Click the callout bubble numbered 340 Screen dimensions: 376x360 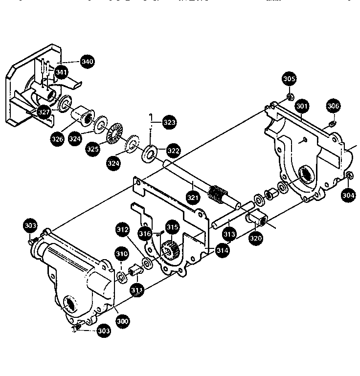pos(88,62)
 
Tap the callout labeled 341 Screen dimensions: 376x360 pos(61,72)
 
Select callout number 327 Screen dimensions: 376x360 pos(45,112)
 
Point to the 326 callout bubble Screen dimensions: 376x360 pos(57,139)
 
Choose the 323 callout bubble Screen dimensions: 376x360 pos(169,122)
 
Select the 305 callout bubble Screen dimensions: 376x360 pos(289,78)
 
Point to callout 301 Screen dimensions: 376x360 pos(302,106)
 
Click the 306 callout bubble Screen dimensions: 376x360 pos(333,106)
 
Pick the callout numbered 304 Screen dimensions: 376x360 pos(348,195)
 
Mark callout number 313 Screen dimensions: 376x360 pos(229,235)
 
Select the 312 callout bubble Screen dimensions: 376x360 pos(122,229)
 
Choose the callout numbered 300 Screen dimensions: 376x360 pos(122,321)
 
